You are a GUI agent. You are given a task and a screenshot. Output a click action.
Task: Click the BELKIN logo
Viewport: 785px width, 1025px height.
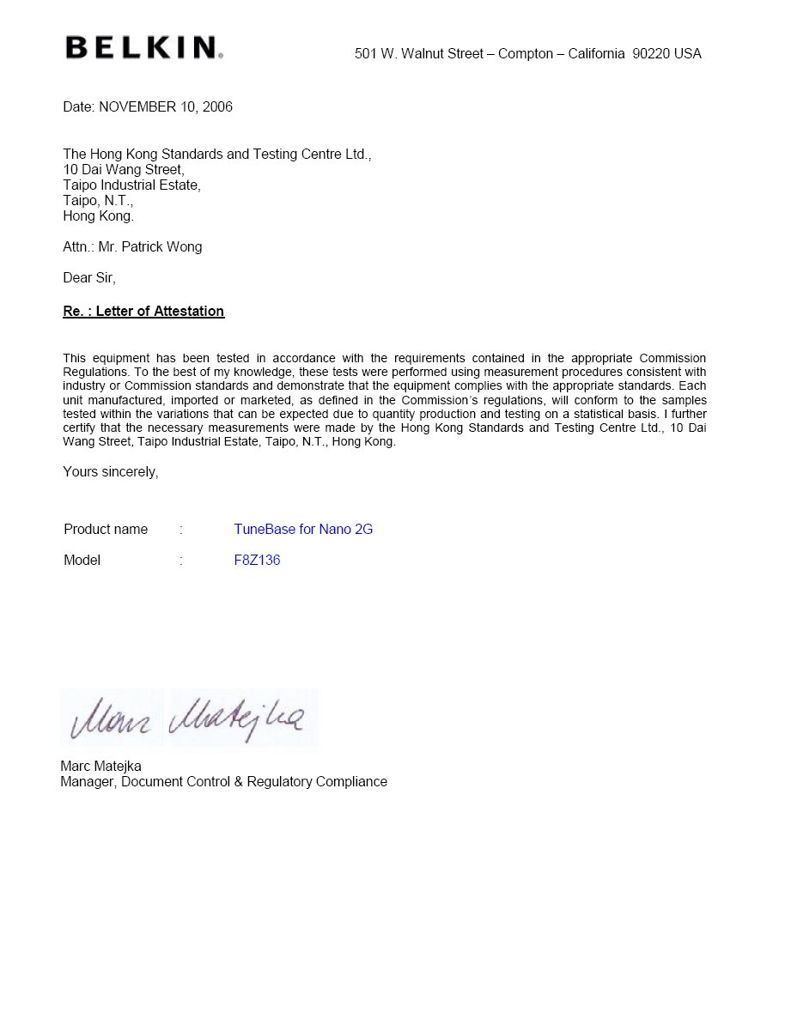pos(143,47)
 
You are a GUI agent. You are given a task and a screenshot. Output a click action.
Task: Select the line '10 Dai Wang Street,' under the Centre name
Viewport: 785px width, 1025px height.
pos(124,170)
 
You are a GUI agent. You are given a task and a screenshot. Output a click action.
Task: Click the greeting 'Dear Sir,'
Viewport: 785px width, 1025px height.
pos(89,278)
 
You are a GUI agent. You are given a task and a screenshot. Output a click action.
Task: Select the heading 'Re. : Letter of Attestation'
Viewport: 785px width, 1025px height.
pos(143,312)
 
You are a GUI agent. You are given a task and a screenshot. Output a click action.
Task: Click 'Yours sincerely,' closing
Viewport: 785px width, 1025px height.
pos(111,472)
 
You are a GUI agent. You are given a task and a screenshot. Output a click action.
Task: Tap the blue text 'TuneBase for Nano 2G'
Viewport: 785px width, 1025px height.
pos(303,530)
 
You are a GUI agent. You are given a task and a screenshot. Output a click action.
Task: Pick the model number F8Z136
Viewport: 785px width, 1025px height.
pos(257,561)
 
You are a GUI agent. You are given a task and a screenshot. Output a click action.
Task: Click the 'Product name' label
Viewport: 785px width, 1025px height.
pos(106,530)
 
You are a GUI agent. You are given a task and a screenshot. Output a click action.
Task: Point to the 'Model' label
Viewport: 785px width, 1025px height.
pos(82,561)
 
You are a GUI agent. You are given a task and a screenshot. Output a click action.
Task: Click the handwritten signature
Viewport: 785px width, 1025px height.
pos(189,719)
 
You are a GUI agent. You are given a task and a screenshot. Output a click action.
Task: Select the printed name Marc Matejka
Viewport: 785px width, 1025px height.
pos(100,767)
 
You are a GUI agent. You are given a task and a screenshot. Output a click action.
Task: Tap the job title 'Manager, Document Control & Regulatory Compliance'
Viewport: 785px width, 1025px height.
pos(223,782)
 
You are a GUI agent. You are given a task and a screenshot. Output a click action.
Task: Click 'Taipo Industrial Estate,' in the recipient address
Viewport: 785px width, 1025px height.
pos(131,185)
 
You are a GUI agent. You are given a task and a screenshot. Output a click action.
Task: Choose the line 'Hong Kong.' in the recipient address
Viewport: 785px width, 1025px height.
pos(99,216)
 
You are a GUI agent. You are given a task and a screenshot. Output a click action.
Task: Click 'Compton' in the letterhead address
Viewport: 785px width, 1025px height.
pos(526,54)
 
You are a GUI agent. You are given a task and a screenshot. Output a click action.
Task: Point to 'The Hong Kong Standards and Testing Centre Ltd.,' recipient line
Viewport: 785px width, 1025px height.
pos(216,155)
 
